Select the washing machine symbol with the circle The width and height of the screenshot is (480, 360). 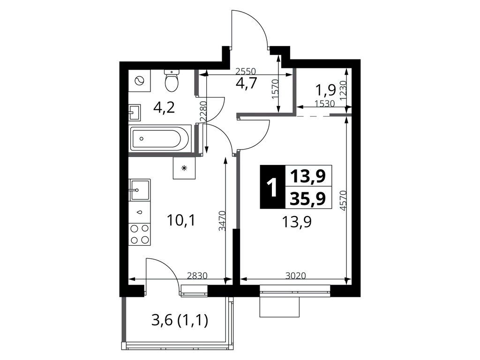pyautogui.click(x=139, y=81)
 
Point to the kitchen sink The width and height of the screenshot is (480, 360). pyautogui.click(x=140, y=190)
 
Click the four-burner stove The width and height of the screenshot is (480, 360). pyautogui.click(x=140, y=234)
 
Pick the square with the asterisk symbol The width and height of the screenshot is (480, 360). pyautogui.click(x=184, y=168)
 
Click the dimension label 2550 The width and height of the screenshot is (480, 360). pyautogui.click(x=246, y=72)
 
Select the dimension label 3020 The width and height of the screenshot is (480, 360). pyautogui.click(x=295, y=276)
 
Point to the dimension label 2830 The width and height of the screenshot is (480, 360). pyautogui.click(x=197, y=276)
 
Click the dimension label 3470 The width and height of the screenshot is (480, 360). pyautogui.click(x=222, y=220)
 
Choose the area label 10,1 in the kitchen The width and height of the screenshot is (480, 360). pyautogui.click(x=181, y=220)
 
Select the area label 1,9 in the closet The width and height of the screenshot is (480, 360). pyautogui.click(x=326, y=90)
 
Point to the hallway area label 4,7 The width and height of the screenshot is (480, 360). pyautogui.click(x=246, y=83)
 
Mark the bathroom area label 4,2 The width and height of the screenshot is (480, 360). pyautogui.click(x=165, y=108)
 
